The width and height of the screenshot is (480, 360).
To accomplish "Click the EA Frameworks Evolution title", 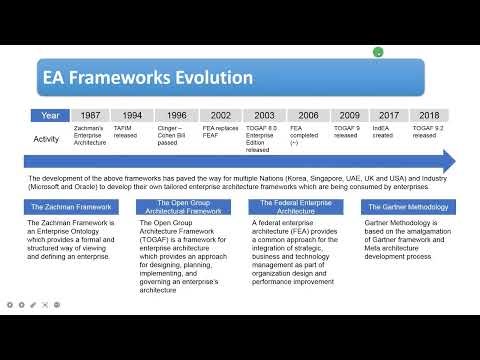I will [133, 77].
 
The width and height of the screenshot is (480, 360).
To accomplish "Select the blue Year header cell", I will [49, 116].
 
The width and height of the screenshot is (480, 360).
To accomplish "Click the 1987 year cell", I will [89, 116].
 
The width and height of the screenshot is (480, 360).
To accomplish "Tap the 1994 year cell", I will [132, 116].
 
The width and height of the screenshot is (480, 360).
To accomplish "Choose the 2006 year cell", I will [309, 116].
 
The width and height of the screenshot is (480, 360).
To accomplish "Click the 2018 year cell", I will [430, 116].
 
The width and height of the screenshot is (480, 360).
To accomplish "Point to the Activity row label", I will [47, 139].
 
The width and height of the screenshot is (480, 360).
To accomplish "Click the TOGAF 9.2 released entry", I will [428, 134].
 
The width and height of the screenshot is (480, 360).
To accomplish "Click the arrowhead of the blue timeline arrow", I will [449, 160].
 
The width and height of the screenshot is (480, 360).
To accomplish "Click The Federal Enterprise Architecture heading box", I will [292, 206].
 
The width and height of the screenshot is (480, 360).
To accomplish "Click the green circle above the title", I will [377, 52].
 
